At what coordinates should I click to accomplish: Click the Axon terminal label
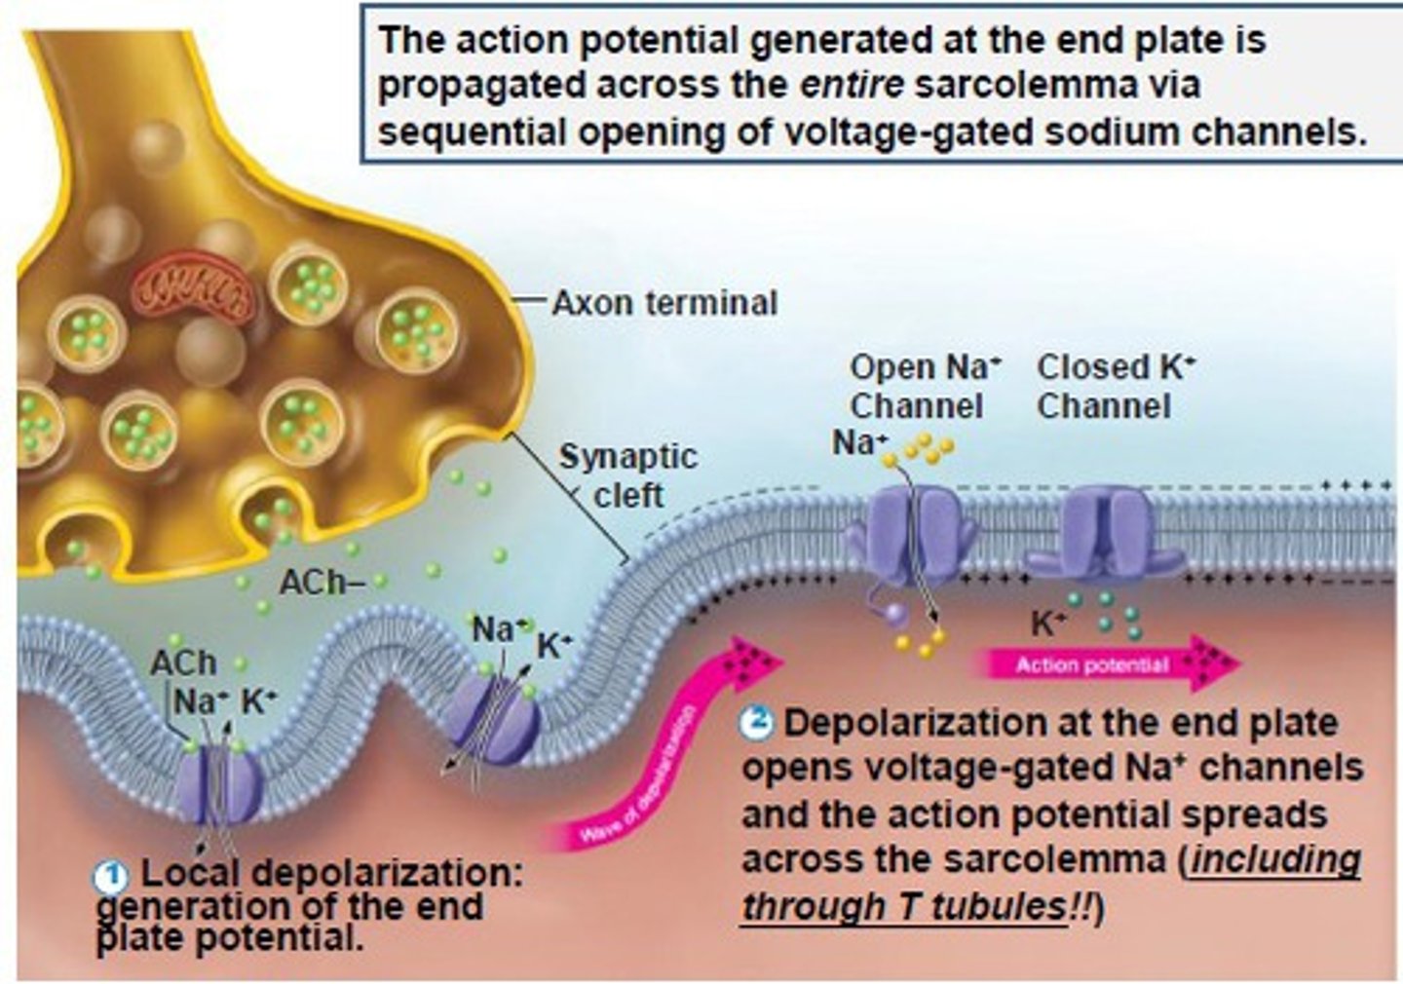coord(664,303)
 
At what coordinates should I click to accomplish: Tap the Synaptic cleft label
coord(628,475)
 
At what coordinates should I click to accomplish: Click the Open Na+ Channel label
coord(923,386)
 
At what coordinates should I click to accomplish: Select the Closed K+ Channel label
coord(1115,386)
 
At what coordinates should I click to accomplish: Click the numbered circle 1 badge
coord(110,877)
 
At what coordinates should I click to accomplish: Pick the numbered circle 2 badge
coord(757,723)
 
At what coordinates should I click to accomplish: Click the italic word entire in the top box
coord(852,86)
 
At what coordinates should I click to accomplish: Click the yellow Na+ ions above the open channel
coord(927,448)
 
